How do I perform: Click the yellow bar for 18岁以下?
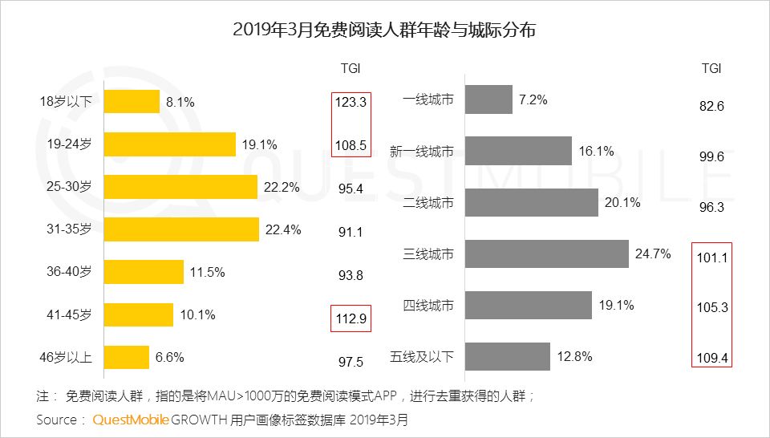[x=132, y=102]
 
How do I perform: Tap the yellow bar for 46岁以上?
[x=127, y=357]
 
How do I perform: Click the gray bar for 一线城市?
[x=488, y=99]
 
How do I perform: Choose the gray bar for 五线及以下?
[x=508, y=357]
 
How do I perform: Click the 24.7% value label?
[x=652, y=254]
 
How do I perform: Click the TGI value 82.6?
[x=711, y=105]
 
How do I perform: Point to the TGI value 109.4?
[x=711, y=357]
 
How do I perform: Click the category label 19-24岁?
[x=69, y=144]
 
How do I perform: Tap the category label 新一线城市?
[x=422, y=151]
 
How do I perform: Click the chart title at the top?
[x=384, y=30]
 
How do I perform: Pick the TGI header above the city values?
[x=711, y=69]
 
